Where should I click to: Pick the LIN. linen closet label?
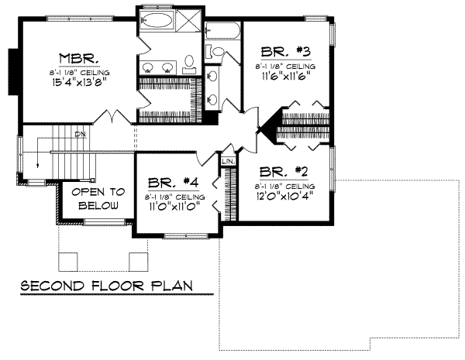pyautogui.click(x=228, y=162)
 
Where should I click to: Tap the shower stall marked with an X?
pyautogui.click(x=188, y=20)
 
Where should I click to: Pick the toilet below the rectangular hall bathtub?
pyautogui.click(x=218, y=53)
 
